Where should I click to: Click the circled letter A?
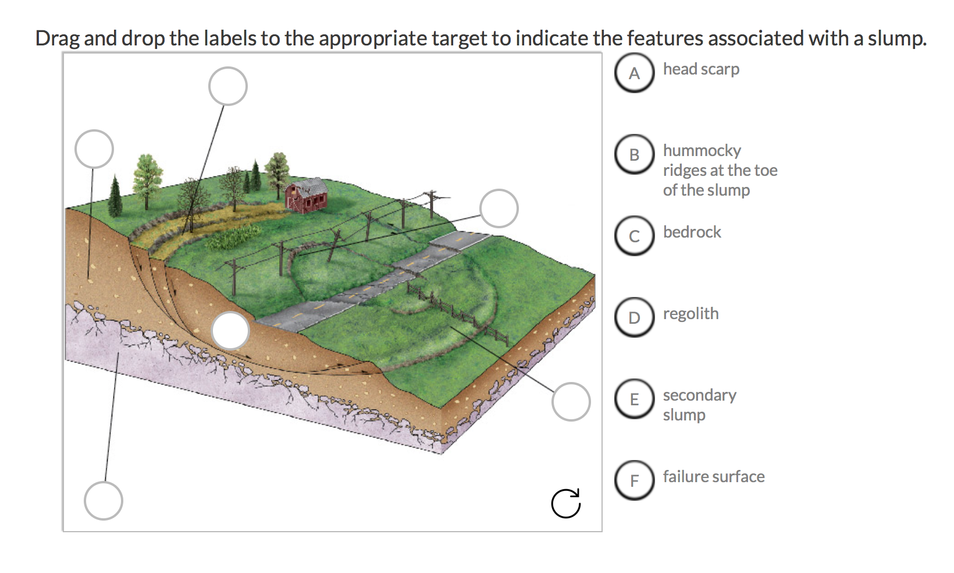[x=634, y=73]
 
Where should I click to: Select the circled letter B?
[x=634, y=155]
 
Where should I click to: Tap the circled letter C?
[x=634, y=236]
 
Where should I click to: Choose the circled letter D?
[x=634, y=318]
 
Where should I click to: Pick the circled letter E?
[x=634, y=399]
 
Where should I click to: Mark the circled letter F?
[x=634, y=481]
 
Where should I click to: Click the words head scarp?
[x=701, y=69]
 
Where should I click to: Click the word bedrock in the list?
[x=692, y=232]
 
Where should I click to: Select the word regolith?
[x=690, y=314]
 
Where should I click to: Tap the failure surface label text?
[x=713, y=477]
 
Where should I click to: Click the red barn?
[x=307, y=196]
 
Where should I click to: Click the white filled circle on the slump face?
[x=230, y=330]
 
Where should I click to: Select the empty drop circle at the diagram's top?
[x=228, y=86]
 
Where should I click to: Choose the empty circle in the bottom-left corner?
[x=104, y=500]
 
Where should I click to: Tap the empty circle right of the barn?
[x=499, y=208]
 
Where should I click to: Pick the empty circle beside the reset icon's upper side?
[x=571, y=402]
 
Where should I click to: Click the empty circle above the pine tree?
[x=94, y=149]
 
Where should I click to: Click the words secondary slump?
[x=699, y=405]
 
